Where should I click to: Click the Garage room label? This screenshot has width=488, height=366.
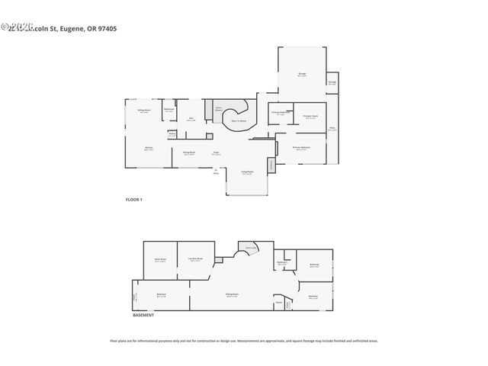point(302,74)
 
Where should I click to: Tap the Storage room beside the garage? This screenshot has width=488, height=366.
point(332,82)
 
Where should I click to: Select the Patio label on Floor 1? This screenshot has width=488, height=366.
point(332,129)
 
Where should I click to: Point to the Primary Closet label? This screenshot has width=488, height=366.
point(310,117)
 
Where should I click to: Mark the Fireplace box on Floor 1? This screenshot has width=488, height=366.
point(270,165)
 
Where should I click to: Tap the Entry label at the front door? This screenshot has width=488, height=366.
point(216,172)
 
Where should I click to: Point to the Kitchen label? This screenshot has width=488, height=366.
point(149,149)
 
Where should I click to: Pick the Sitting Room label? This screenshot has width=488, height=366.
point(143,112)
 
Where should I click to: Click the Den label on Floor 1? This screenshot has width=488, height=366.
point(191,119)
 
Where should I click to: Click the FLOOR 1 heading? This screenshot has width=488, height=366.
point(134,199)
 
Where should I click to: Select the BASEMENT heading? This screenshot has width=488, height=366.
point(143,315)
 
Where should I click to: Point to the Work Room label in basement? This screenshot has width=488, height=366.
point(160,260)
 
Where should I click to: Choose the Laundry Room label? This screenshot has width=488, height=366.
point(195,259)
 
